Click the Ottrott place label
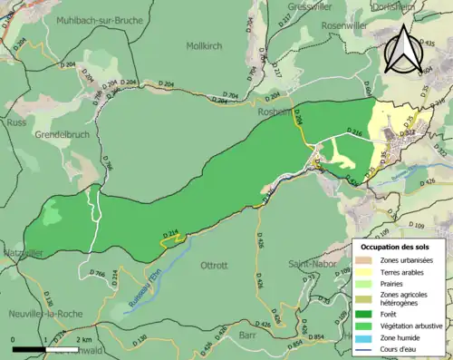coord(214,266)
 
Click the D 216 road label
coord(352,132)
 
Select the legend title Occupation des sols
coord(397,247)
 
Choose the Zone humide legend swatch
coord(364,337)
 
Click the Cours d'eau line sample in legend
coord(364,348)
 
